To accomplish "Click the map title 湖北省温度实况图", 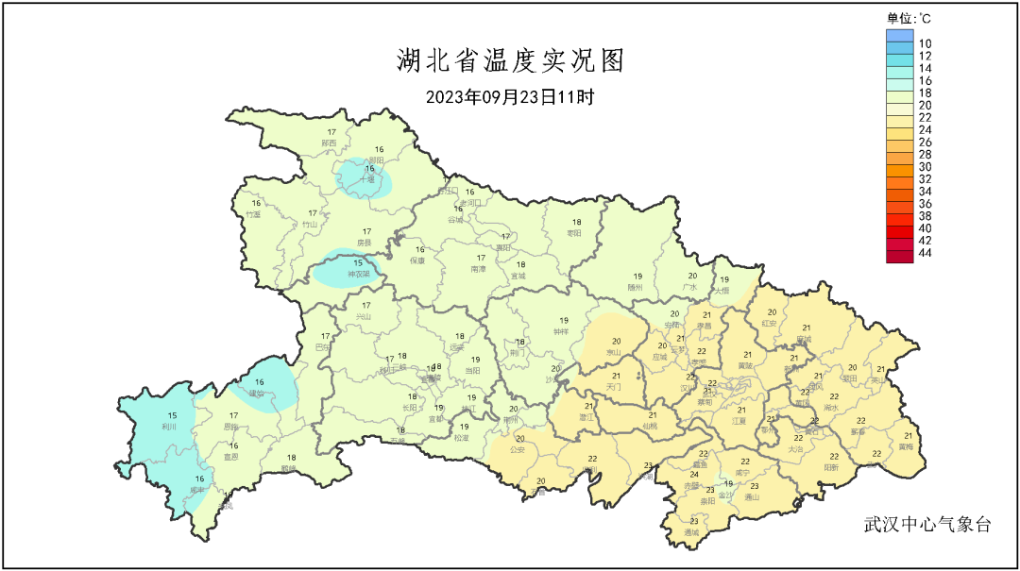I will coord(509,62).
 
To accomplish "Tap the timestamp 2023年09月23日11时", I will coord(509,97).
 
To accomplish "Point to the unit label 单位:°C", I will coord(909,18).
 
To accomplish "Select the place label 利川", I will coord(171,427).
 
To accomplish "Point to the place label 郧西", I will coord(330,143).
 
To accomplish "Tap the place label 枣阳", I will coord(573,233).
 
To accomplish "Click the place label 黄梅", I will coord(906,446).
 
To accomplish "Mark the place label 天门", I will coord(615,387).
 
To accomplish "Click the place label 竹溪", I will coord(252,214).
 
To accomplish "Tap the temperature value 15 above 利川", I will coord(172,416).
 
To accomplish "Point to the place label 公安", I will coord(517,450).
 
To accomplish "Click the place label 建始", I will coord(257,393).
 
